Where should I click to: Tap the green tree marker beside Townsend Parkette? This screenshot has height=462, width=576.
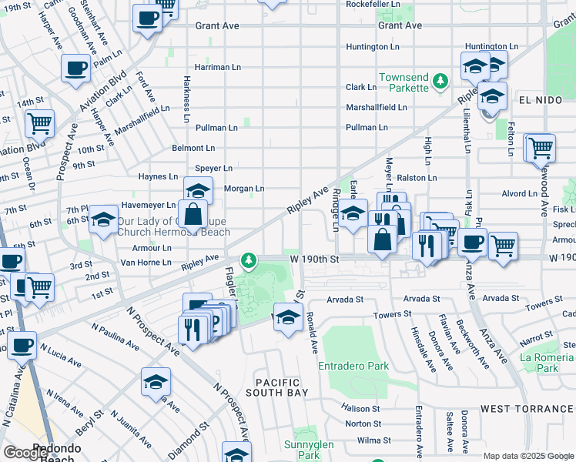click(x=440, y=80)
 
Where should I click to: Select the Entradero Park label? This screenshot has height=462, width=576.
click(x=354, y=367)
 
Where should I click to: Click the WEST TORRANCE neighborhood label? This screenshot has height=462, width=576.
click(x=527, y=408)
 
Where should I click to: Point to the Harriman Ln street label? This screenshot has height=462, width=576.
click(x=217, y=67)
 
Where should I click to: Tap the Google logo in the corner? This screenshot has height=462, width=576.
click(x=25, y=453)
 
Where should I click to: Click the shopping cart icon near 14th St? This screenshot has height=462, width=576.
click(x=39, y=122)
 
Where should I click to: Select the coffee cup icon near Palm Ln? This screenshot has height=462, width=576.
click(x=75, y=68)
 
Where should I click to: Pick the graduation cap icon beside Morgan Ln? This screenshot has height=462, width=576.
click(x=198, y=190)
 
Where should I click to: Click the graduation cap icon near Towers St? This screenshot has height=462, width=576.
click(x=287, y=317)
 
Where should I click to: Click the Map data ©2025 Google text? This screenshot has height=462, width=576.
click(x=528, y=456)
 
